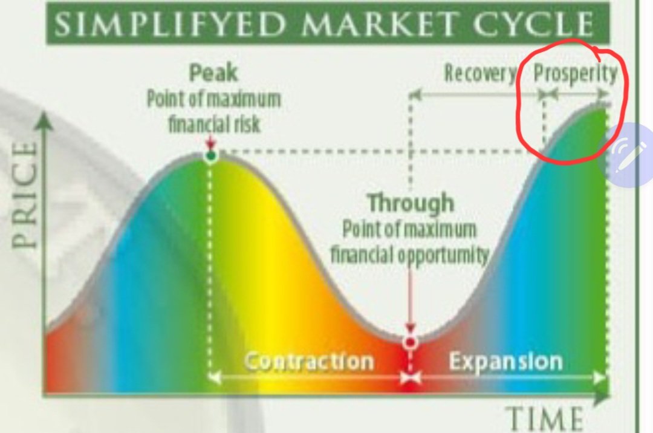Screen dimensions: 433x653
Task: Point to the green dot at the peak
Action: point(210,157)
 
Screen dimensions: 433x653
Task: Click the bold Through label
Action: point(411,203)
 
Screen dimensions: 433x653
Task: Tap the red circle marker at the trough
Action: point(411,342)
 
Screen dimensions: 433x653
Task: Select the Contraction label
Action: point(308,362)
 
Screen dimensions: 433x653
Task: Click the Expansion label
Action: point(505,362)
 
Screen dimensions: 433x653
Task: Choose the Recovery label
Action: point(480,74)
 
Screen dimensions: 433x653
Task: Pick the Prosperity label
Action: point(575,74)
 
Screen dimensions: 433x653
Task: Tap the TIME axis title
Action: point(544,418)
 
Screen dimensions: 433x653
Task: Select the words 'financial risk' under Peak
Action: point(214,124)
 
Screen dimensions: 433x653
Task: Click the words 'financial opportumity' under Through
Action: point(409,255)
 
